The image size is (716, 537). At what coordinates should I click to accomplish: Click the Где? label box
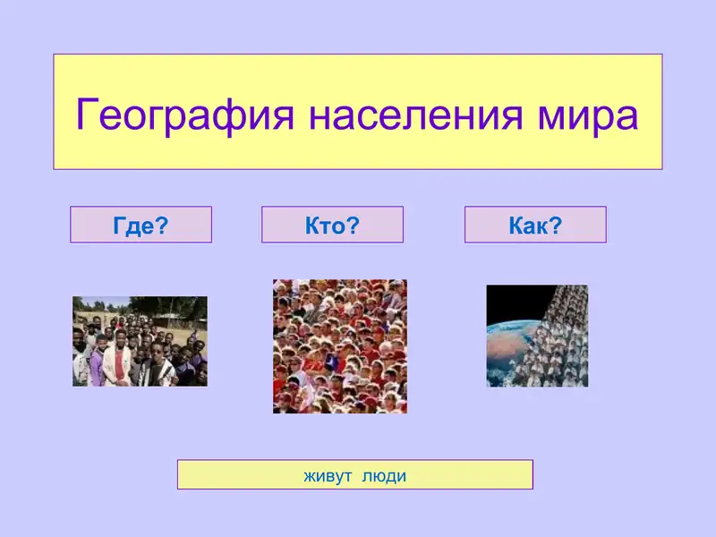point(141,225)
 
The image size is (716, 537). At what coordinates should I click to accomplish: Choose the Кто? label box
point(332,225)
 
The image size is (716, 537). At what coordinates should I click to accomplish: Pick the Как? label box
point(535,225)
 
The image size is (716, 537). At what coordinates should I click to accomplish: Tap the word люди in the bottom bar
point(384,475)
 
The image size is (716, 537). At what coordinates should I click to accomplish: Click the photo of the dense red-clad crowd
point(340,346)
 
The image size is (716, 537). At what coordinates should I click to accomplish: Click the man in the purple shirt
point(89,358)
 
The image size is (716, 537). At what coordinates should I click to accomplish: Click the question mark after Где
point(162,225)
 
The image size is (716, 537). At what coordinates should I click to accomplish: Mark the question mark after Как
point(556,225)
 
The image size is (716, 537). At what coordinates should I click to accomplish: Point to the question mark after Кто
point(353,225)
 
